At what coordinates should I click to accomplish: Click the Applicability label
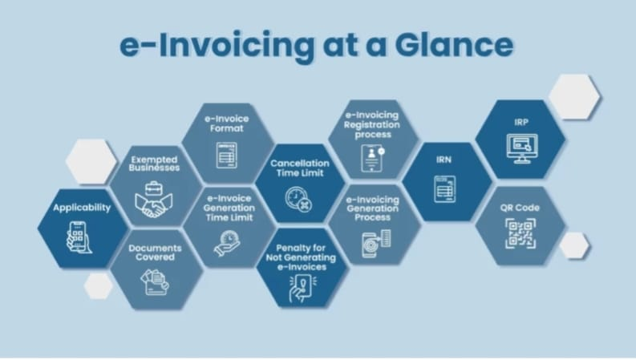pyautogui.click(x=82, y=208)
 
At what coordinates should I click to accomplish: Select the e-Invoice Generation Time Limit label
pyautogui.click(x=229, y=208)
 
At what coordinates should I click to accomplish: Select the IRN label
pyautogui.click(x=444, y=160)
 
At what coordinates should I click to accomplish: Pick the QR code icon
pyautogui.click(x=520, y=233)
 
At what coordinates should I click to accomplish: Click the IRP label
pyautogui.click(x=521, y=121)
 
